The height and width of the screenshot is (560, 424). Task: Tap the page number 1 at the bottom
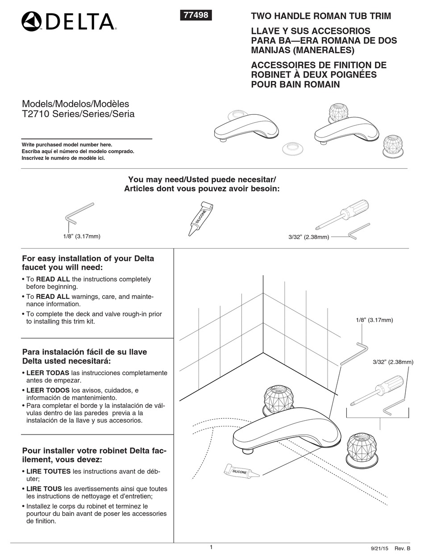(x=211, y=547)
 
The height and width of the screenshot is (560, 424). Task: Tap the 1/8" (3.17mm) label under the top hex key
(x=82, y=236)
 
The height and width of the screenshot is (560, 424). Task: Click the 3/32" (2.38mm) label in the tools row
(x=308, y=237)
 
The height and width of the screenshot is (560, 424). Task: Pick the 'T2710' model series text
(x=36, y=114)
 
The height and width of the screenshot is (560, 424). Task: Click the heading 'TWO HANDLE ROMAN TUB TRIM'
(x=321, y=16)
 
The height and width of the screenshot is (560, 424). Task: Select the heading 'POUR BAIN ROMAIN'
(x=295, y=84)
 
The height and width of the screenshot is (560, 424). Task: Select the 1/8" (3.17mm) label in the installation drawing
(x=374, y=320)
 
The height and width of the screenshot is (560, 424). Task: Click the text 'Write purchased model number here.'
(x=67, y=145)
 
